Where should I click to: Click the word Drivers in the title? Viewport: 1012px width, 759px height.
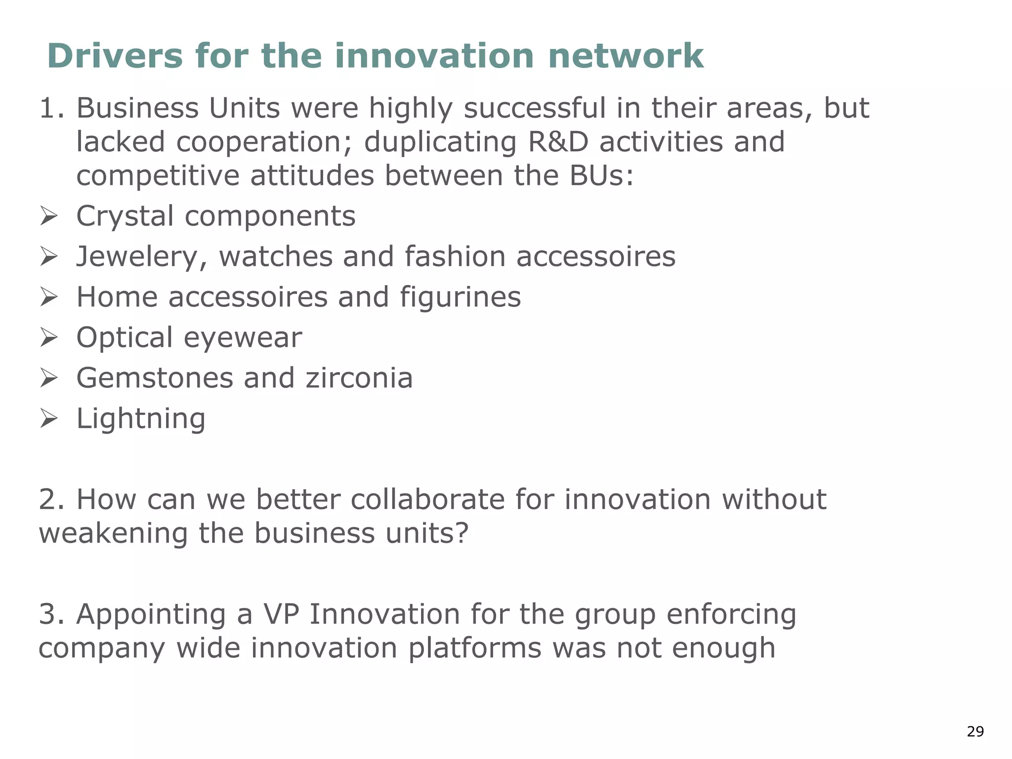[115, 56]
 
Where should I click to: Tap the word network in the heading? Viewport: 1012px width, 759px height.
[626, 56]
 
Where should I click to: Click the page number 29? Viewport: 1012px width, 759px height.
[975, 731]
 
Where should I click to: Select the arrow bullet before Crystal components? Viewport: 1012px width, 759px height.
[49, 216]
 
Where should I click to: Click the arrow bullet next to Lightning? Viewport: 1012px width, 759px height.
[49, 419]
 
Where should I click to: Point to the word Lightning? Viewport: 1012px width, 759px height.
[141, 419]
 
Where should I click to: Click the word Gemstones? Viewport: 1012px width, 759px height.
[154, 379]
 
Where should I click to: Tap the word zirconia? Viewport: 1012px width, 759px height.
[359, 379]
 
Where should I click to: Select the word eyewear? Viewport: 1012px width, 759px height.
[243, 338]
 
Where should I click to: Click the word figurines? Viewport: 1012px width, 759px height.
[460, 297]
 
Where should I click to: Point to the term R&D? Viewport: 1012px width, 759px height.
[558, 142]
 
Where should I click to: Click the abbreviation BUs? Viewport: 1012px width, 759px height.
[601, 176]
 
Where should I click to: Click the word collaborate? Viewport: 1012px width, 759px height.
[428, 500]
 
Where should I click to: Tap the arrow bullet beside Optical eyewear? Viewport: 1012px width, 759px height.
[49, 338]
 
